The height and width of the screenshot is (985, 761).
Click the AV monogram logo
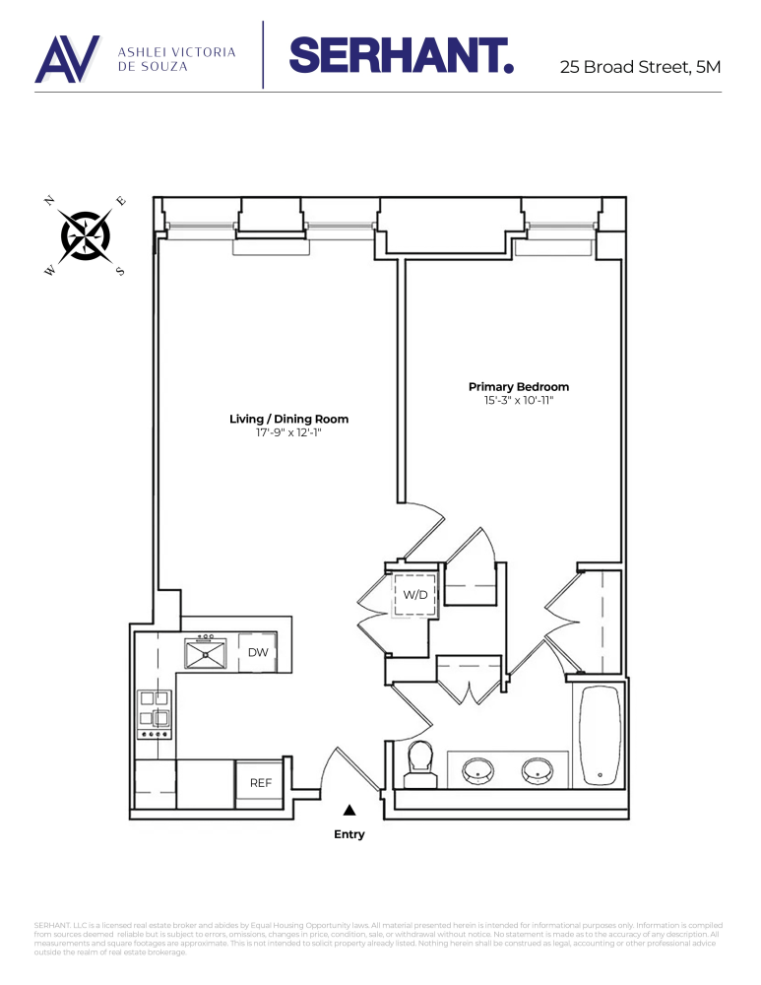(x=67, y=59)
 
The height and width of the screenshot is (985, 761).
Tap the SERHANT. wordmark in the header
(x=402, y=55)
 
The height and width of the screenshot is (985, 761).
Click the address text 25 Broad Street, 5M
(x=640, y=68)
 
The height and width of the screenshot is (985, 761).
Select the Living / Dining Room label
(x=288, y=419)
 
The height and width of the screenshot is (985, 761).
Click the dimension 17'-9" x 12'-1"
(x=288, y=431)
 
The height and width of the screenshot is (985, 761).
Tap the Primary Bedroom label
(x=518, y=387)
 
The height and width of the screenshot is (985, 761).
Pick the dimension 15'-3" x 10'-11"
(x=518, y=400)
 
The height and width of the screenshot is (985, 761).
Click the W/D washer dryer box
(x=414, y=595)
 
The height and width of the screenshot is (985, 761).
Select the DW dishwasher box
(x=258, y=652)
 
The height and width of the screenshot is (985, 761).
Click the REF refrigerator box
(x=260, y=783)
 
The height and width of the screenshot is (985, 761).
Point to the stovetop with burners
(x=155, y=713)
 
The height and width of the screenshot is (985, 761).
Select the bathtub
(x=598, y=735)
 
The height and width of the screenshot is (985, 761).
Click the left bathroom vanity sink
(x=477, y=769)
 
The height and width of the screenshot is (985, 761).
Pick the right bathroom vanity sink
(x=539, y=769)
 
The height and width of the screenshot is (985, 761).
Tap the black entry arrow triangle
(x=349, y=811)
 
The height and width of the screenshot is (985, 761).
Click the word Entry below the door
(x=349, y=834)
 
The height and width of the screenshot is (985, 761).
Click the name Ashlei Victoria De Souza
(x=176, y=59)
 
